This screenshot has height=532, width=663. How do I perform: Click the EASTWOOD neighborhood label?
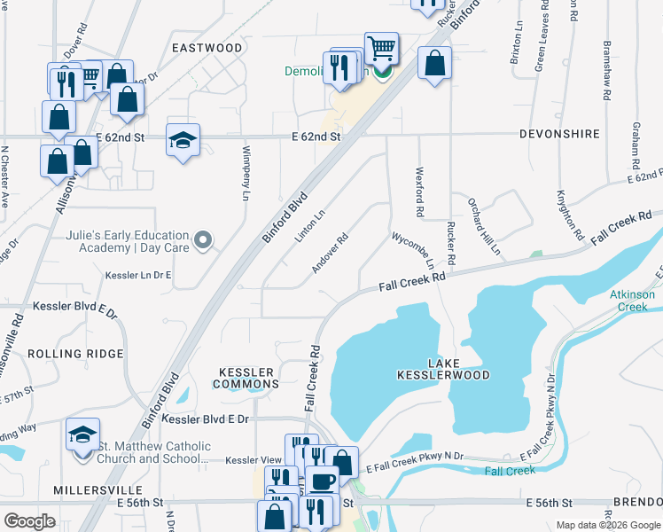[x=207, y=47]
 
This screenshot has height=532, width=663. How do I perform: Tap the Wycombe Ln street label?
[x=414, y=252]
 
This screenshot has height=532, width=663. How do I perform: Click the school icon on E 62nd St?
[x=183, y=140]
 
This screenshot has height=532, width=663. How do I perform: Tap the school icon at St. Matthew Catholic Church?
[x=82, y=434]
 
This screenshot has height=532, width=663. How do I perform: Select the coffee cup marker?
[x=323, y=481]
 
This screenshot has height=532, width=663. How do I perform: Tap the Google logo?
[x=30, y=521]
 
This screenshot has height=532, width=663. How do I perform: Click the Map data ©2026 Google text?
[x=608, y=525]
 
